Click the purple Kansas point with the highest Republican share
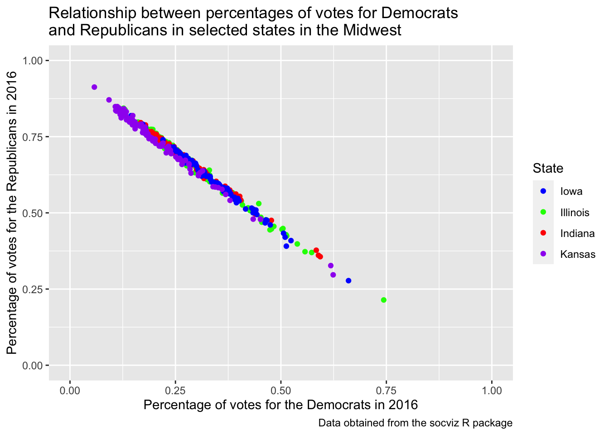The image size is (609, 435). point(94,87)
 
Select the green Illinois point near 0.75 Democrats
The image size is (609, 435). point(384,300)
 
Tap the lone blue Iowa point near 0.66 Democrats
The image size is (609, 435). point(348,280)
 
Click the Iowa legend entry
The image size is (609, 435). point(571,191)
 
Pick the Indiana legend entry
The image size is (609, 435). point(577,233)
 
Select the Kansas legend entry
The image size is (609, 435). point(577,254)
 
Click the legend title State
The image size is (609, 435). point(548,169)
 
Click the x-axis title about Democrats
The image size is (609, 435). point(280,405)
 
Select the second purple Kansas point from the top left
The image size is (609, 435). point(109,100)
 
